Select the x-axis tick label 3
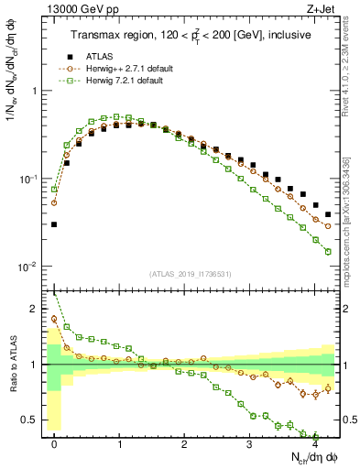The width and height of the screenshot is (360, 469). [x=249, y=443]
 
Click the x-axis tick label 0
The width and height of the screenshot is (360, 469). [x=55, y=443]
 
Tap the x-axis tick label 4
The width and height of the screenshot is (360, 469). [x=314, y=443]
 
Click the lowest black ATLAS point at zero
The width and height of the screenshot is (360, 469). [x=54, y=224]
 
